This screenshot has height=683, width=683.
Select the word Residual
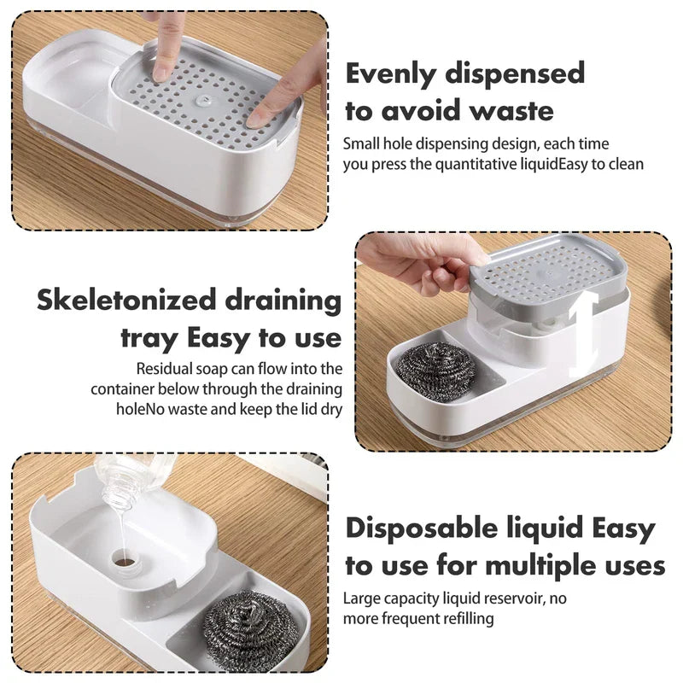[x=166, y=369]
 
